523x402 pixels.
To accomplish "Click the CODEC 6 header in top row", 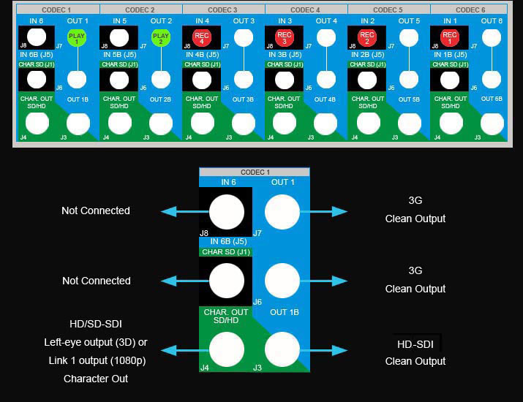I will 471,10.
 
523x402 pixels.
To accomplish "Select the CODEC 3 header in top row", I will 223,10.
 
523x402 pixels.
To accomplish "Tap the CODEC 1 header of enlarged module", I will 254,172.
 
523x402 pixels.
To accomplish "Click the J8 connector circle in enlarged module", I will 226,213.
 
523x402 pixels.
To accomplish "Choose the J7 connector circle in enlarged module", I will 282,213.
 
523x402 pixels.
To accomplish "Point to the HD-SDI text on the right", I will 415,344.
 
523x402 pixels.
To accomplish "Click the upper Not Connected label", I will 96,211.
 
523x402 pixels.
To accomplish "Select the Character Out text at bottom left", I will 96,379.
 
